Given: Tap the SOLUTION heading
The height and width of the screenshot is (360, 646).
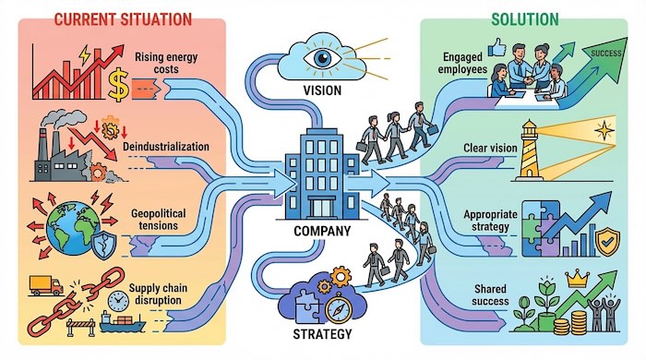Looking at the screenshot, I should [x=526, y=18].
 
